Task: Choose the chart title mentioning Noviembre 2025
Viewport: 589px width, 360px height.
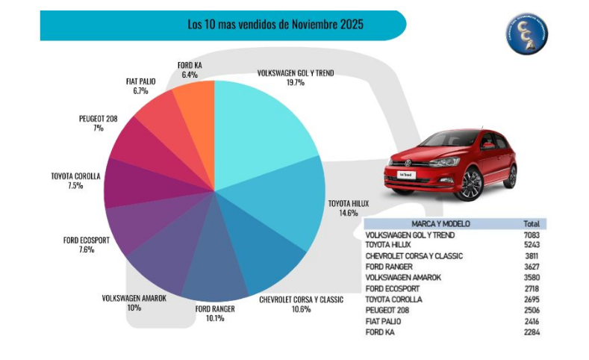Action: pos(275,24)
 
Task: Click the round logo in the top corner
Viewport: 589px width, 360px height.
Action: pos(527,33)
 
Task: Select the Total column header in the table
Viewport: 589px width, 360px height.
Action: pos(532,223)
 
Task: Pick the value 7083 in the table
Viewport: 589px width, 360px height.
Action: pos(532,235)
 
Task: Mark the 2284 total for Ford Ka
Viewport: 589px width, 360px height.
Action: pos(532,332)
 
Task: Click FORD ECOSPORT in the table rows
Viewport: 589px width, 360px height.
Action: pos(393,288)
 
